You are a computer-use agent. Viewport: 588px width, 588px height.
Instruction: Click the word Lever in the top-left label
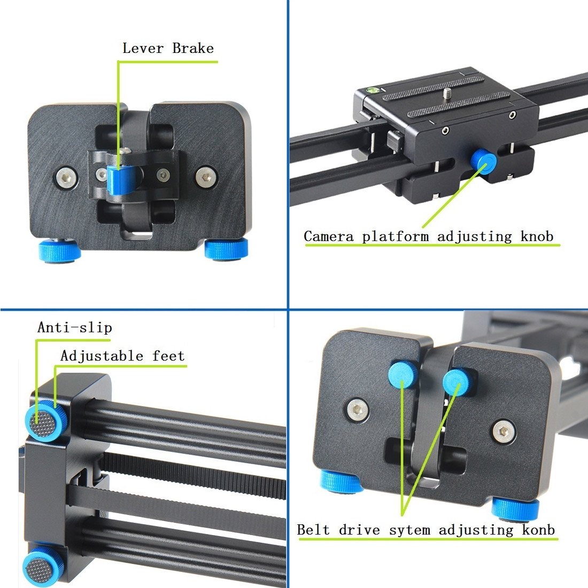143,48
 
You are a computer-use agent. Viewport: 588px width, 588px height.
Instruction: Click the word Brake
193,48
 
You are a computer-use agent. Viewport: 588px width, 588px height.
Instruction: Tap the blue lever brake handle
121,179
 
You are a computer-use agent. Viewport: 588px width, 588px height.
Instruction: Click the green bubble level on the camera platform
373,90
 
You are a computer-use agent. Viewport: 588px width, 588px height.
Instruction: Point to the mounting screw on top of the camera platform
447,94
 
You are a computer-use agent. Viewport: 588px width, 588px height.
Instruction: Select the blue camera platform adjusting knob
484,161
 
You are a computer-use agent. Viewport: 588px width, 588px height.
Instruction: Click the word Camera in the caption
329,236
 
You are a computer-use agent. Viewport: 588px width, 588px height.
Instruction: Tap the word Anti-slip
75,327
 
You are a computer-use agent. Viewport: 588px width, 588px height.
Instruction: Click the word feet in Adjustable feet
168,355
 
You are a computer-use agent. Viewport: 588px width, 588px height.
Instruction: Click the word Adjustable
102,355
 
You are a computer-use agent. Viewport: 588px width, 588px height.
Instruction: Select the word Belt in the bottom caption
313,530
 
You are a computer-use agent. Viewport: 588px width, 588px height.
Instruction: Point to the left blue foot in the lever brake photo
59,250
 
